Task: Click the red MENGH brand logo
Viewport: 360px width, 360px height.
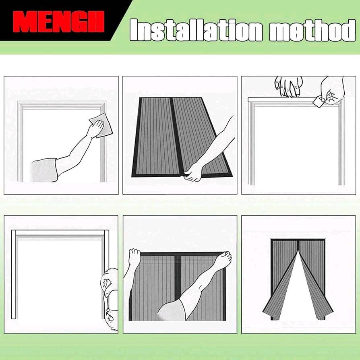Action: (58, 22)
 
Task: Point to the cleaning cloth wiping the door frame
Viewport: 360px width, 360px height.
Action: (101, 125)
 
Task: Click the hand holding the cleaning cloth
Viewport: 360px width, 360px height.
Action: (95, 128)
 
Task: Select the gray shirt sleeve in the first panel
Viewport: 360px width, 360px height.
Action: (44, 170)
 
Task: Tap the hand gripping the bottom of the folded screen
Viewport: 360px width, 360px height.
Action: (192, 172)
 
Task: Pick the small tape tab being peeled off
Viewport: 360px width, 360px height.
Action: (318, 101)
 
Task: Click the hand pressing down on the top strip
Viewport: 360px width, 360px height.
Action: (289, 87)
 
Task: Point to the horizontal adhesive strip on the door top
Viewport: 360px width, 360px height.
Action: (282, 99)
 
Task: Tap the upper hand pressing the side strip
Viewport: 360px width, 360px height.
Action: (109, 281)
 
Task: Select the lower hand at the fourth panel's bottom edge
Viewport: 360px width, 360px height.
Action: (112, 318)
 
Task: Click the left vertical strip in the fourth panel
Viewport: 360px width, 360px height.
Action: (14, 274)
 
